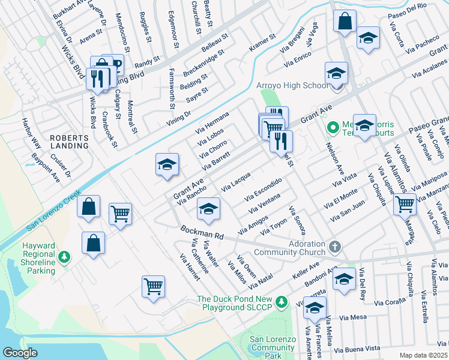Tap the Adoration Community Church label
pyautogui.click(x=289, y=249)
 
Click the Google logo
pyautogui.click(x=20, y=353)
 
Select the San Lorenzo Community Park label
pyautogui.click(x=273, y=347)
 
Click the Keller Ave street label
pyautogui.click(x=306, y=266)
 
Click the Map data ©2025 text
pyautogui.click(x=424, y=355)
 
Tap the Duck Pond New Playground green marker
pyautogui.click(x=282, y=300)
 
